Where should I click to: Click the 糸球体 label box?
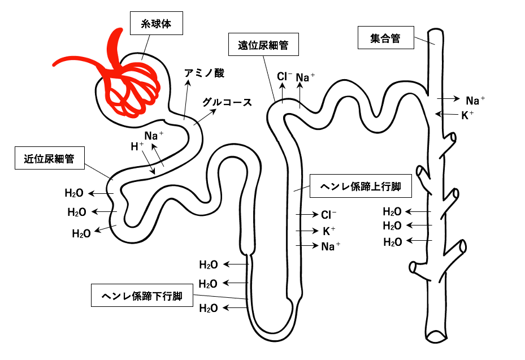150,25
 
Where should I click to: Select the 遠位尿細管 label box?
263,45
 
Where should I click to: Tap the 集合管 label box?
385,38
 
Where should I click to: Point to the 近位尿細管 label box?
49,158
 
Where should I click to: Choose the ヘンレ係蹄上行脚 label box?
360,186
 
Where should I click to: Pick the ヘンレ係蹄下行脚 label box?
141,294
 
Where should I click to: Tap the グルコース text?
227,102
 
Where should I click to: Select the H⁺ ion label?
137,147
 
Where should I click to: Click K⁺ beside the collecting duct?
467,115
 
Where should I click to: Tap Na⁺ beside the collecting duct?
475,101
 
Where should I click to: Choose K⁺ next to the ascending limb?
329,231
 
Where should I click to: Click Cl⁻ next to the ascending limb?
328,215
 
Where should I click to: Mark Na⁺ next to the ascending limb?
331,246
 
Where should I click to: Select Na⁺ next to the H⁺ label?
154,136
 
